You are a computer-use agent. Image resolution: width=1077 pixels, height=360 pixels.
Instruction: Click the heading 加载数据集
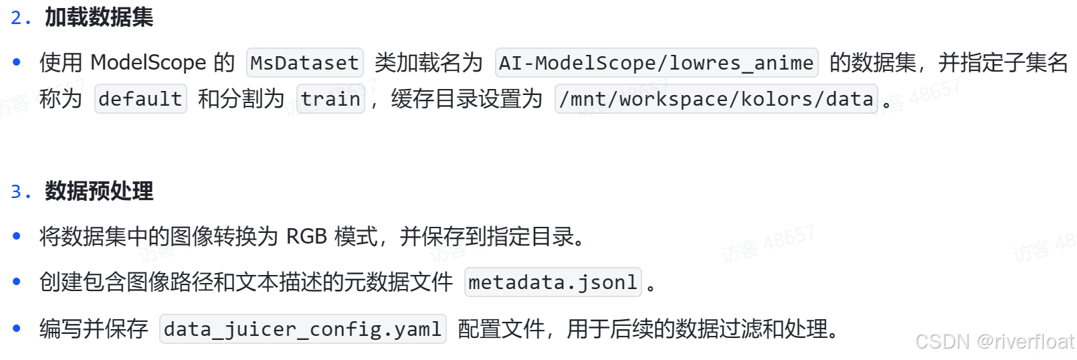click(99, 17)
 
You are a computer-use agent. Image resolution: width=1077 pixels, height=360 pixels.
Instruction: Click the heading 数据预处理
click(99, 191)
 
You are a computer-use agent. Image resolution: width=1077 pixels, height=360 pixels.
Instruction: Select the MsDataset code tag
click(304, 63)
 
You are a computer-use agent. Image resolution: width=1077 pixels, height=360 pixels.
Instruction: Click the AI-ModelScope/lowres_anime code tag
click(656, 63)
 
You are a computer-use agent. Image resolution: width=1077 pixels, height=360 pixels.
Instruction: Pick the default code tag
click(140, 99)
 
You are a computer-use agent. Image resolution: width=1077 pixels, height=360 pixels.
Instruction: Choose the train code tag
click(330, 99)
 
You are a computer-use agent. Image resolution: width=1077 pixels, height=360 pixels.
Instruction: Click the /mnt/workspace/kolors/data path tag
click(716, 99)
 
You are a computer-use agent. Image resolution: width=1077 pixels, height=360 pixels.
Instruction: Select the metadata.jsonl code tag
click(553, 282)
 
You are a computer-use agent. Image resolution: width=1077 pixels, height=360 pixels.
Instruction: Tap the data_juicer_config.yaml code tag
click(302, 329)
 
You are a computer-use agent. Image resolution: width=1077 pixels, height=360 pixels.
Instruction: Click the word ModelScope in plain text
click(148, 63)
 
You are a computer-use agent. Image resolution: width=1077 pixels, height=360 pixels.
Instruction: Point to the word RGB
click(306, 237)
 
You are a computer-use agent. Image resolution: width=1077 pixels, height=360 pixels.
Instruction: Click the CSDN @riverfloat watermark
click(994, 341)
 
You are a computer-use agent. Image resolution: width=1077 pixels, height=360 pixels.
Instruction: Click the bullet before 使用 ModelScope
click(17, 63)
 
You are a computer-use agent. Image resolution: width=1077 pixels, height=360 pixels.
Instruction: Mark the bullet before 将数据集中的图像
click(17, 236)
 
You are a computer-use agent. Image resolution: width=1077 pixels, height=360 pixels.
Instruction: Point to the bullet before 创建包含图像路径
click(17, 282)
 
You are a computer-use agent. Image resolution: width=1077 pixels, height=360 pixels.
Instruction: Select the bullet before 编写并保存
click(17, 329)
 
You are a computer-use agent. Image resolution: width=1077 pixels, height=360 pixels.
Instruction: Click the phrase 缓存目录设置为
click(466, 99)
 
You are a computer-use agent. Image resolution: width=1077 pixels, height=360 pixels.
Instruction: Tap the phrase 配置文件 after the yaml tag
click(500, 329)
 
